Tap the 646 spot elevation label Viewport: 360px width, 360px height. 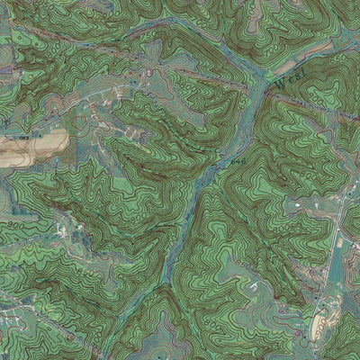click(236, 160)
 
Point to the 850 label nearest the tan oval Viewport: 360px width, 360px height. click(297, 306)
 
